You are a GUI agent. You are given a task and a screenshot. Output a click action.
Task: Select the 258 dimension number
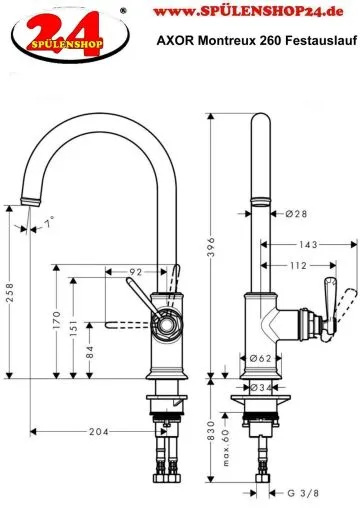9,289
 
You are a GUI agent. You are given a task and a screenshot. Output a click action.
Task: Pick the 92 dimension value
134,270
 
